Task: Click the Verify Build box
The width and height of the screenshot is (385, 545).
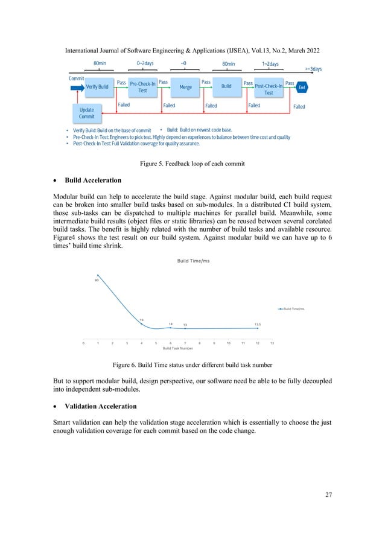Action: click(97, 87)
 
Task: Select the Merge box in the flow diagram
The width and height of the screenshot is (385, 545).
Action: click(186, 87)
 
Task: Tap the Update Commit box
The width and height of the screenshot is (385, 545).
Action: click(87, 113)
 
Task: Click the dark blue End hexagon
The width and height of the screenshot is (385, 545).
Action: click(302, 87)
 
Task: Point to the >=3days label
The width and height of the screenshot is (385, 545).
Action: click(313, 69)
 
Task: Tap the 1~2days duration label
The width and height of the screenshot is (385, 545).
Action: click(270, 63)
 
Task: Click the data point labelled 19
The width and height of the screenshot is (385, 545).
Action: click(142, 326)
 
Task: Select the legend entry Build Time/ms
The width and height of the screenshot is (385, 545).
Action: click(293, 309)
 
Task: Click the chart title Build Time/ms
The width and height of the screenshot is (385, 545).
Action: click(193, 260)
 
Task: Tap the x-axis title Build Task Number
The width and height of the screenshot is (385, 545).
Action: click(178, 348)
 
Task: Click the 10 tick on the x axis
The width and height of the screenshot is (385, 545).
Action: click(228, 343)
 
